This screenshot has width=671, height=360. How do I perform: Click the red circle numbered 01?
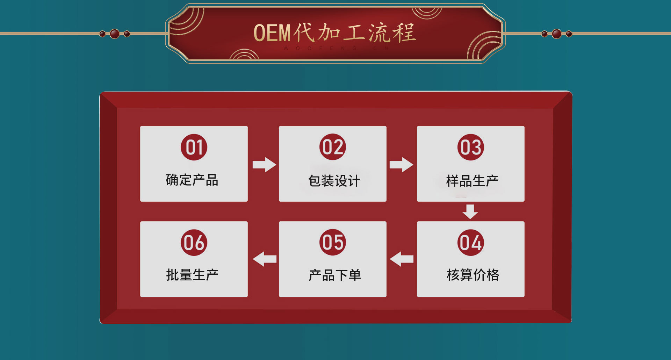point(194,147)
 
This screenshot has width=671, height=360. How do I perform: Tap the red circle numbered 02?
point(333,147)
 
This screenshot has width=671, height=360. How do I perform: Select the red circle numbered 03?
point(471,147)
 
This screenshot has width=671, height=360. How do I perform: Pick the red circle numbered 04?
point(471,243)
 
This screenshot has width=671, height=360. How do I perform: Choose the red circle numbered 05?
point(333,242)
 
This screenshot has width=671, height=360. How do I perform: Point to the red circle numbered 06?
point(194,243)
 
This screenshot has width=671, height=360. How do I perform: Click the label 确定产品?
point(192,180)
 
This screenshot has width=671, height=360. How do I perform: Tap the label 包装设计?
point(334,181)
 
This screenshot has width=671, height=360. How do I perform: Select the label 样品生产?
point(472,181)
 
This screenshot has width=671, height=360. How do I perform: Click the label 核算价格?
point(473,275)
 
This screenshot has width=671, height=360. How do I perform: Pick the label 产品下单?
point(334,275)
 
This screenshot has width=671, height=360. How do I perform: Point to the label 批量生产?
point(192,275)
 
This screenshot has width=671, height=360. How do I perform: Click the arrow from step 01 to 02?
point(265,165)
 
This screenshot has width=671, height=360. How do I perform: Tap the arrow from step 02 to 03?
point(402,165)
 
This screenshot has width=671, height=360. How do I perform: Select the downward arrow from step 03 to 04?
point(470,212)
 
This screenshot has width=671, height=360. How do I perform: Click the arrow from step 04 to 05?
point(402,259)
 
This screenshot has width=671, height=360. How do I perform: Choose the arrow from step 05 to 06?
point(265,259)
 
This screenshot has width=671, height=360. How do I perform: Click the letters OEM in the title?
point(272,33)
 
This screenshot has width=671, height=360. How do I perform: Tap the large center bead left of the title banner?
point(115,34)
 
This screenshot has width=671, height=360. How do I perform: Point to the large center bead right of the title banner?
point(557,34)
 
